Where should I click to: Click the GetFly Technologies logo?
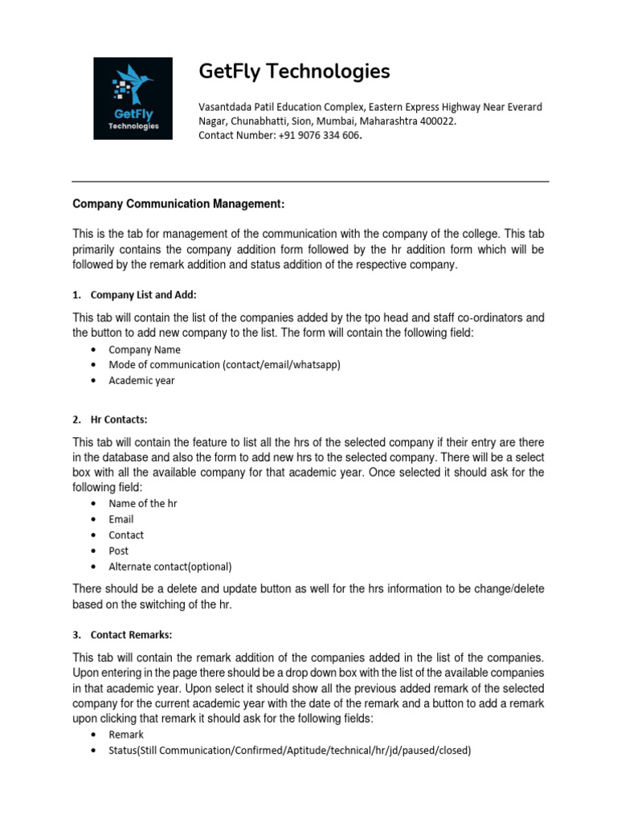tap(133, 98)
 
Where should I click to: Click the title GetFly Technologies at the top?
tap(294, 72)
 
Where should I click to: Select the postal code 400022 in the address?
tap(437, 121)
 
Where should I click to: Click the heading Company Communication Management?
tap(179, 204)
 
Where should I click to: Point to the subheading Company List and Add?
tap(144, 295)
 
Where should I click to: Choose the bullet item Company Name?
tap(145, 350)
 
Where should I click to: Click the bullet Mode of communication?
tap(224, 365)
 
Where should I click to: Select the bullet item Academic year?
tap(141, 380)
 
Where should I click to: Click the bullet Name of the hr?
tap(143, 503)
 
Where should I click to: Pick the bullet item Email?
tap(121, 519)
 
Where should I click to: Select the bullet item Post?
tap(119, 551)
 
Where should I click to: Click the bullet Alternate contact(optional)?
tap(170, 566)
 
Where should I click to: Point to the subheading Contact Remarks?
tap(132, 635)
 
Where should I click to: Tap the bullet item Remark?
tap(126, 735)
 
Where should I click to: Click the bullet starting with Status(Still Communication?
tap(289, 751)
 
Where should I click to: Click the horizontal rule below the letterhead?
tap(310, 182)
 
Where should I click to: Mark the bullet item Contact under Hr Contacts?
tap(126, 534)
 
